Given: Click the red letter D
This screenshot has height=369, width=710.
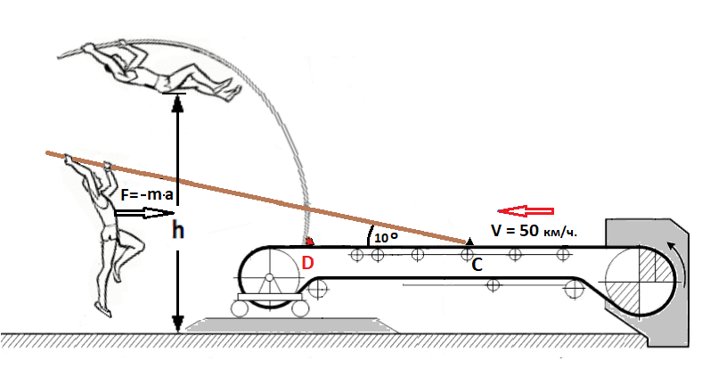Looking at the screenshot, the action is coord(307,263).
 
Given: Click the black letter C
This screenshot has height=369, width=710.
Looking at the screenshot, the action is coord(477,266).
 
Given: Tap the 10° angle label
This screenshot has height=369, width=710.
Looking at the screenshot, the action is coord(387,238).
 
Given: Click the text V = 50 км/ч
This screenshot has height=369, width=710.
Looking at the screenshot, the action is coord(535,231).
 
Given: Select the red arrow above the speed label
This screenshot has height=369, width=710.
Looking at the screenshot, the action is coord(526,210).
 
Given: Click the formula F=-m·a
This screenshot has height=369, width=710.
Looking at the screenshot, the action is coord(147,195).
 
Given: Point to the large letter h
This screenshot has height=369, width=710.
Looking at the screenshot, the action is coord(178,230).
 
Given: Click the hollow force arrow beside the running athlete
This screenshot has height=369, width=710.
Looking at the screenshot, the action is coord(144,212).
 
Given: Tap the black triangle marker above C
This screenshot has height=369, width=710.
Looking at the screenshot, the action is coord(470,242).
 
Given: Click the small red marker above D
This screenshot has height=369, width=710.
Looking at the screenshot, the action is coord(310,242).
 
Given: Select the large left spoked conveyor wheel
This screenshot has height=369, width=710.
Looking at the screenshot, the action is coord(269,277).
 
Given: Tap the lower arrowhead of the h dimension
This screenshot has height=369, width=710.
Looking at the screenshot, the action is coord(178,324).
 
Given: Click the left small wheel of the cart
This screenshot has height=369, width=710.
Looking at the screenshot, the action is coord(240,308).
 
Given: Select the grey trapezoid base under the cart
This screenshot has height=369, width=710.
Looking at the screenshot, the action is coord(292,325).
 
